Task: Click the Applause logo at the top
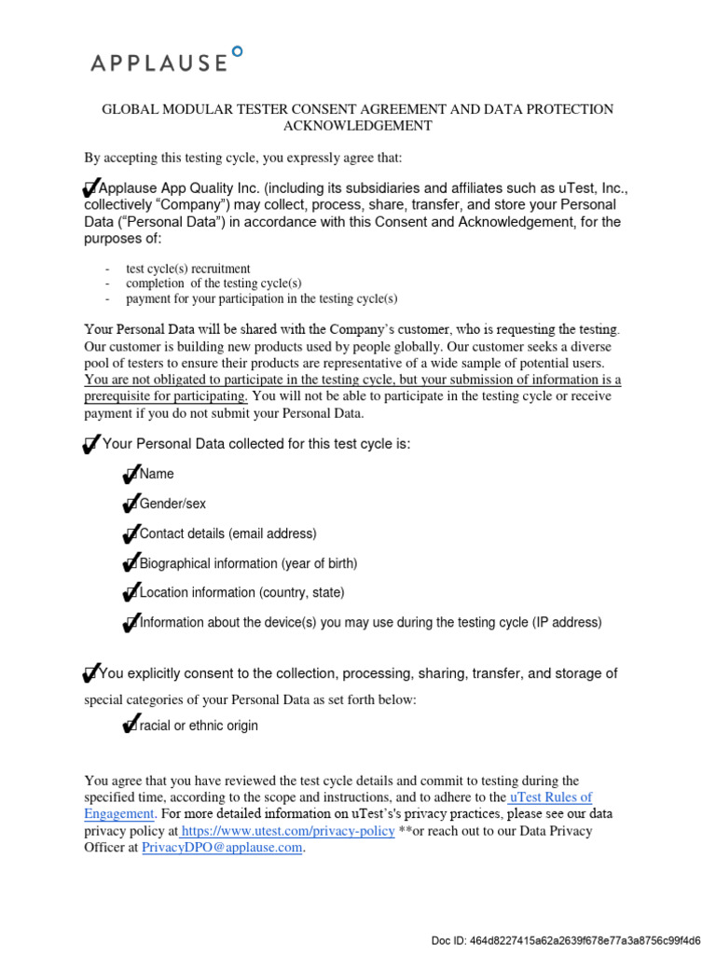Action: tap(167, 61)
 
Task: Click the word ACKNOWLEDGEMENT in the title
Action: tap(358, 126)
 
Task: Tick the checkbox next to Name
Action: tap(131, 475)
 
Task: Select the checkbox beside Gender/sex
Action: tap(131, 505)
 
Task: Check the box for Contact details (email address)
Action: tap(131, 534)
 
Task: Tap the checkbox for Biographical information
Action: tap(131, 564)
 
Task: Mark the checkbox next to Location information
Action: tap(131, 593)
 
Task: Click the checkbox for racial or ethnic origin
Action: tap(131, 727)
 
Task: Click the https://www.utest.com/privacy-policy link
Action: tap(287, 831)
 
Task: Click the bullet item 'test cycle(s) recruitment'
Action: tap(187, 269)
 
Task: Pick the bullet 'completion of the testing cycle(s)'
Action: tap(213, 284)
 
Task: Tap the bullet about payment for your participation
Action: tap(261, 298)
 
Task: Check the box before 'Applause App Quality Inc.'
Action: tap(91, 187)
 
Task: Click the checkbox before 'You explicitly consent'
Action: tap(91, 673)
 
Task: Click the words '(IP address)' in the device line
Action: tap(567, 623)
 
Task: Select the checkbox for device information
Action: tap(131, 623)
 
